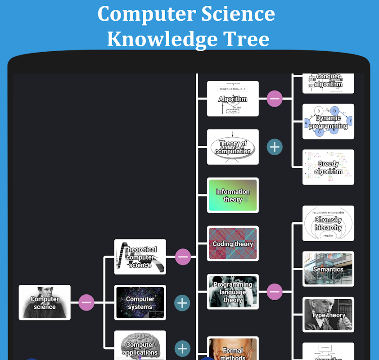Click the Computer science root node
click(45, 302)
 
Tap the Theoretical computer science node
click(140, 257)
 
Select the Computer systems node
click(140, 302)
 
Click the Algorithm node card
click(233, 99)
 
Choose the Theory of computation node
click(233, 147)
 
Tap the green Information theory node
click(233, 195)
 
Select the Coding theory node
click(233, 243)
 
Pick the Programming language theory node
click(233, 292)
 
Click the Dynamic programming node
click(328, 121)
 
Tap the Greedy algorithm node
click(328, 167)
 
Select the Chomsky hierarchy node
click(328, 223)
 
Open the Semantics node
click(328, 269)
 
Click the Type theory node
click(328, 315)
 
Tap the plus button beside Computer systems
click(182, 303)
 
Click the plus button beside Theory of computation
click(275, 147)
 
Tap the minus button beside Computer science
click(86, 302)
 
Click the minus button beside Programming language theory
click(275, 292)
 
